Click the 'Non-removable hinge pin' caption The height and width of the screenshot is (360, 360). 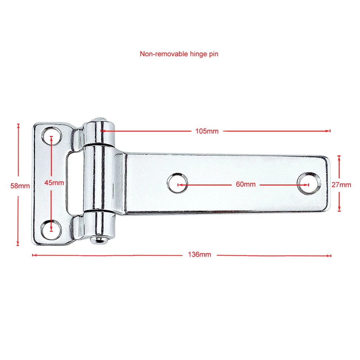pyautogui.click(x=179, y=54)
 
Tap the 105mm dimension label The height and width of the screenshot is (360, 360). pyautogui.click(x=207, y=131)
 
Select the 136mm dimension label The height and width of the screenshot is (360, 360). pyautogui.click(x=200, y=255)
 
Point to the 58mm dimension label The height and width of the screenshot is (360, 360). pyautogui.click(x=20, y=185)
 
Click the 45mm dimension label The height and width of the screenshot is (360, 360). pyautogui.click(x=54, y=182)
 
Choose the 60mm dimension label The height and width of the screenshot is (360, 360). pyautogui.click(x=246, y=184)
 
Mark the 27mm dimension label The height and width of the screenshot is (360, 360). pyautogui.click(x=341, y=185)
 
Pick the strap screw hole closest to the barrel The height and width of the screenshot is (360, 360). pyautogui.click(x=178, y=184)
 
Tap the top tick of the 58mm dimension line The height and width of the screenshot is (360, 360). pyautogui.click(x=18, y=124)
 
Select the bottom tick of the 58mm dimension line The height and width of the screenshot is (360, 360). pyautogui.click(x=18, y=245)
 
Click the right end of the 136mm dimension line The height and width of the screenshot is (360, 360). pyautogui.click(x=330, y=255)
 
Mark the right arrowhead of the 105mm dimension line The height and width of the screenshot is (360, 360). pyautogui.click(x=329, y=131)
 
